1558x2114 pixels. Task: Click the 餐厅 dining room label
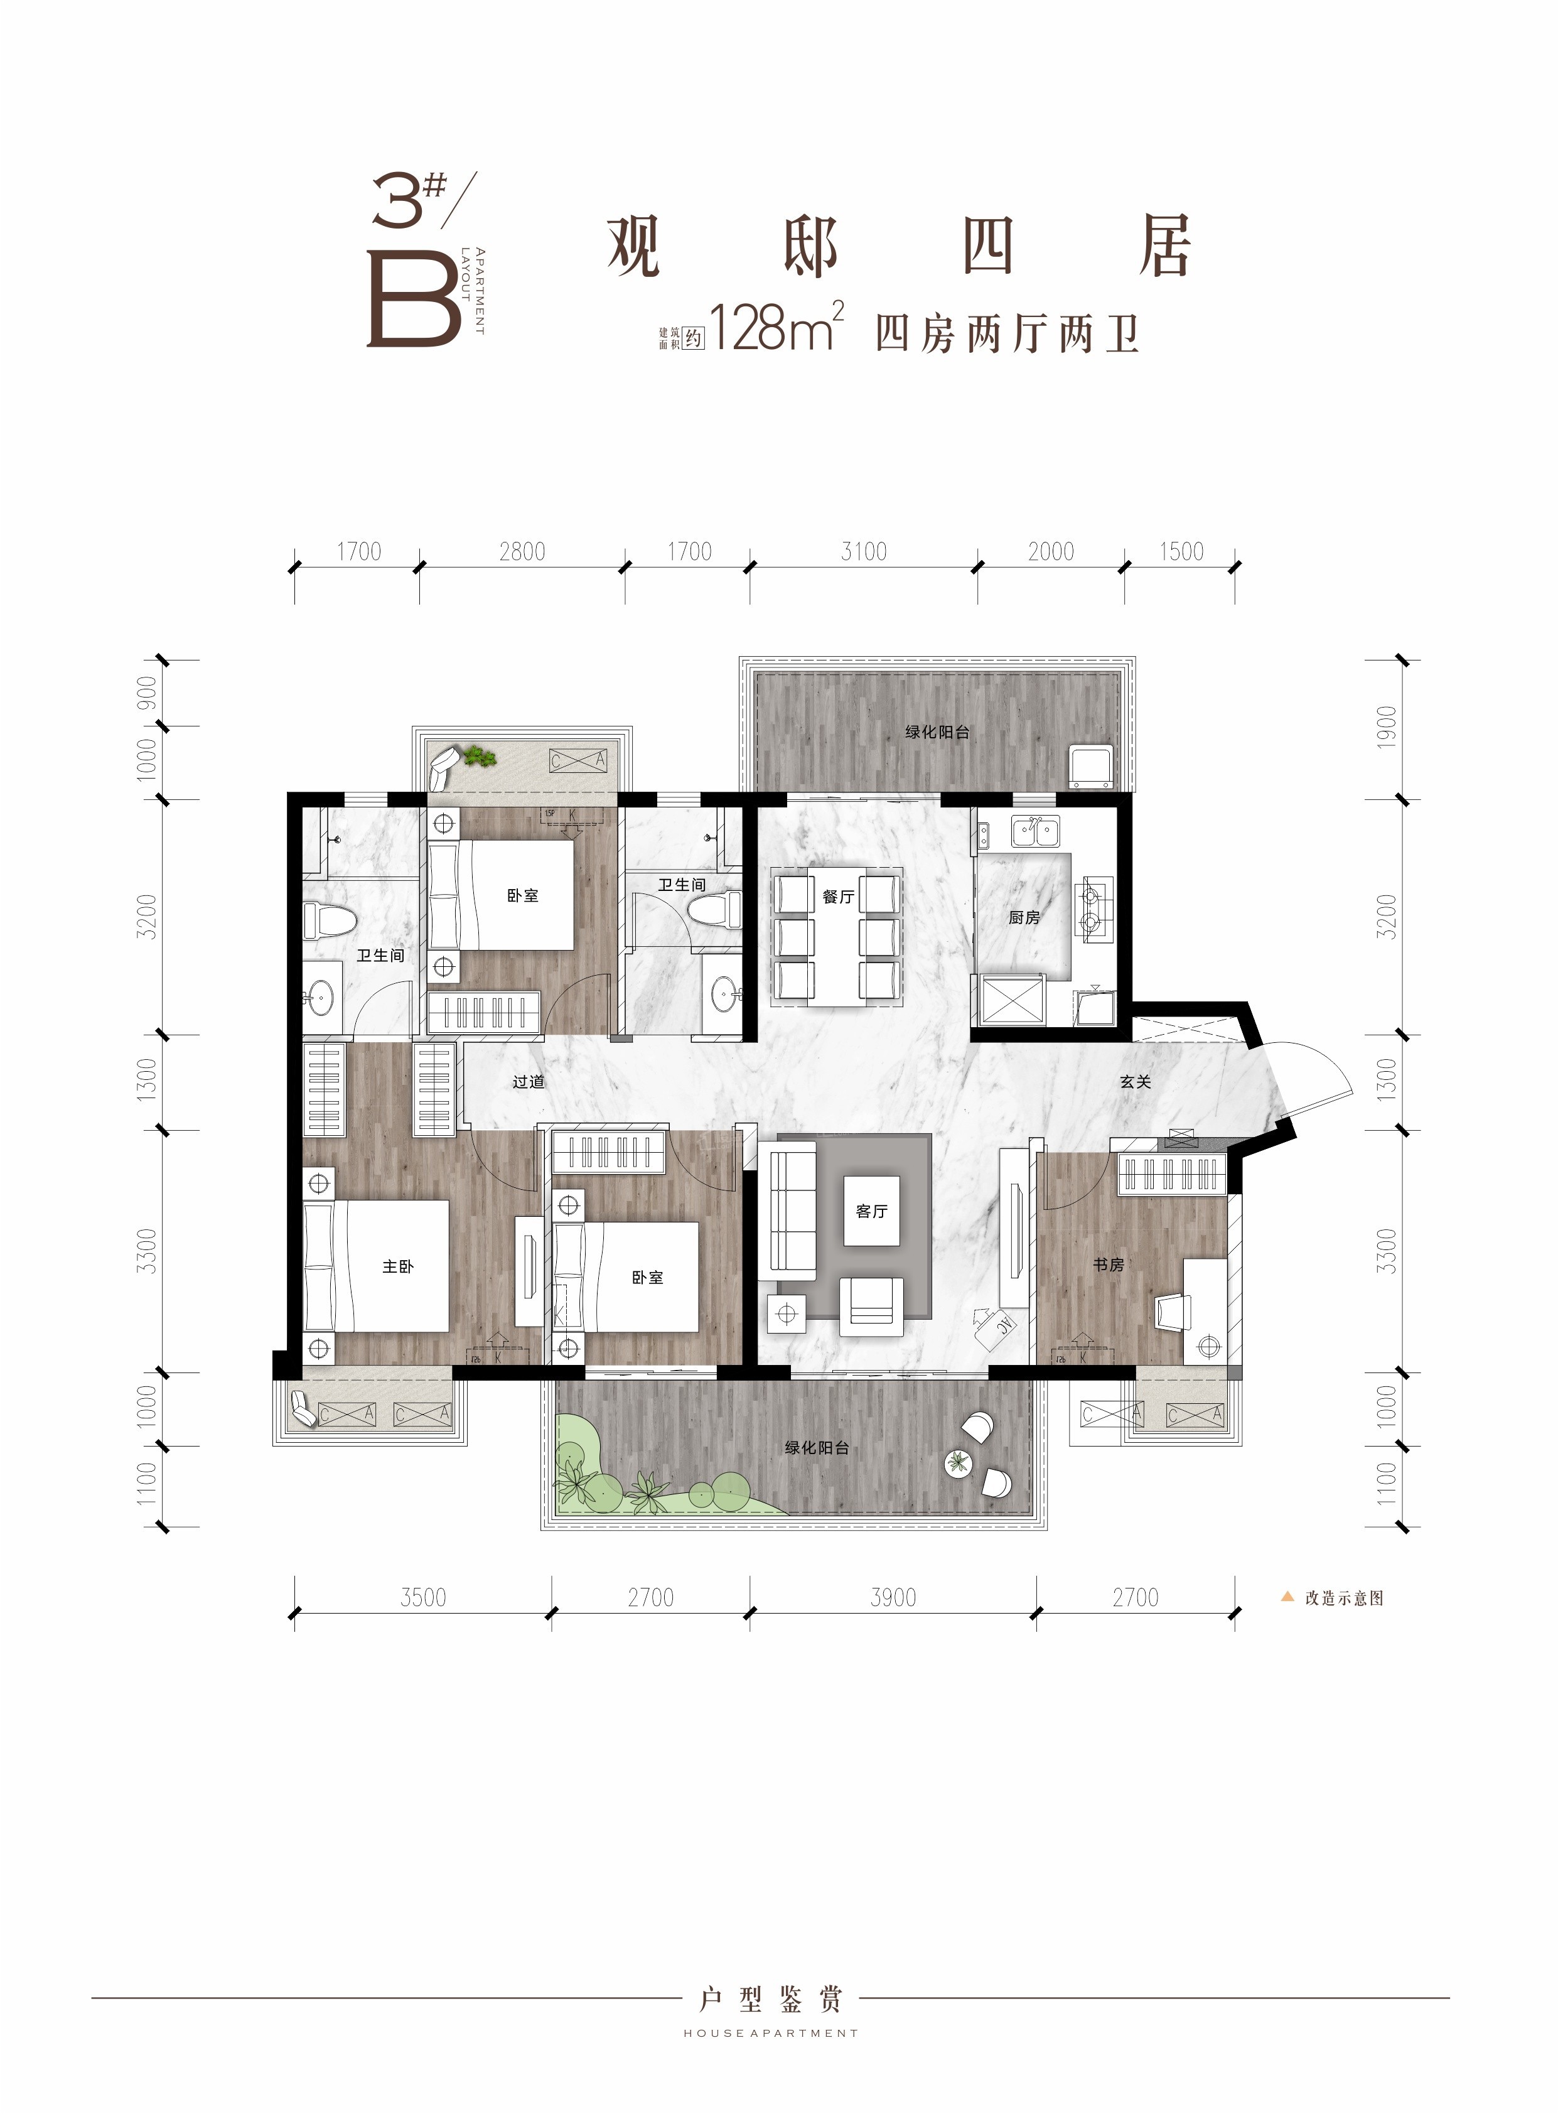[837, 897]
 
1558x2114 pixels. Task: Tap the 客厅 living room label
[871, 1211]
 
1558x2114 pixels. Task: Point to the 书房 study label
[1109, 1264]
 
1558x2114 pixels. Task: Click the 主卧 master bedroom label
[397, 1266]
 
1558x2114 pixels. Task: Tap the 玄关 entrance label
[1136, 1082]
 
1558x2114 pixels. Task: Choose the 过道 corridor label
[528, 1082]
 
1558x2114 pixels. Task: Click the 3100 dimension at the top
[864, 552]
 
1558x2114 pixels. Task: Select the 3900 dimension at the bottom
[893, 1597]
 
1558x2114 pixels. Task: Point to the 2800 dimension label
[522, 552]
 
